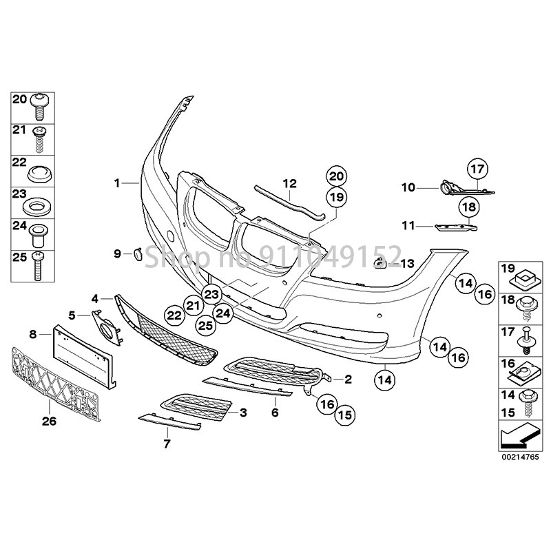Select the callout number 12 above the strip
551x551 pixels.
[289, 183]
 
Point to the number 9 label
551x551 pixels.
[117, 254]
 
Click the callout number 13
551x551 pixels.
[408, 263]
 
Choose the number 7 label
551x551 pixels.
[166, 444]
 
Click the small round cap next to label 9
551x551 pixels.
[136, 254]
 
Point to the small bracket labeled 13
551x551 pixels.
[380, 262]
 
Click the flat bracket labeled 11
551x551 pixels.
[452, 225]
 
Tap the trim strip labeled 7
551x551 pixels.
[169, 420]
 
